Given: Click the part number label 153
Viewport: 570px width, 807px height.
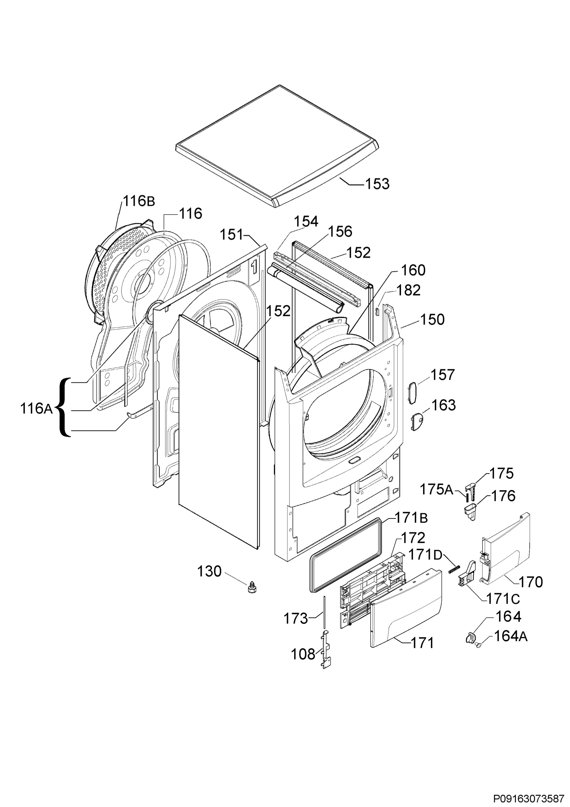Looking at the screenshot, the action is pos(377,184).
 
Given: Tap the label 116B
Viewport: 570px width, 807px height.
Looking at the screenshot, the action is pos(139,201).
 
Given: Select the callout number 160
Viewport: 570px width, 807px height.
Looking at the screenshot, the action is pos(413,270).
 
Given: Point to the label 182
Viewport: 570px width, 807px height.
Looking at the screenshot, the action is pos(408,290).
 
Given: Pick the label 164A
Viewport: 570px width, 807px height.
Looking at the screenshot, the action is pos(511,636).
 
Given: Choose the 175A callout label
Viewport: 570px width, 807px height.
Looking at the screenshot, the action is pos(437,489).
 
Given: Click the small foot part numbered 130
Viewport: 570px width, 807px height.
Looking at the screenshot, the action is pos(251,587).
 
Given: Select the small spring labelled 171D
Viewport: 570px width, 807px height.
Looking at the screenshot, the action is pos(454,569).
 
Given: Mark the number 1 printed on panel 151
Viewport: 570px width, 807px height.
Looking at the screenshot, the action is pos(254,266).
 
